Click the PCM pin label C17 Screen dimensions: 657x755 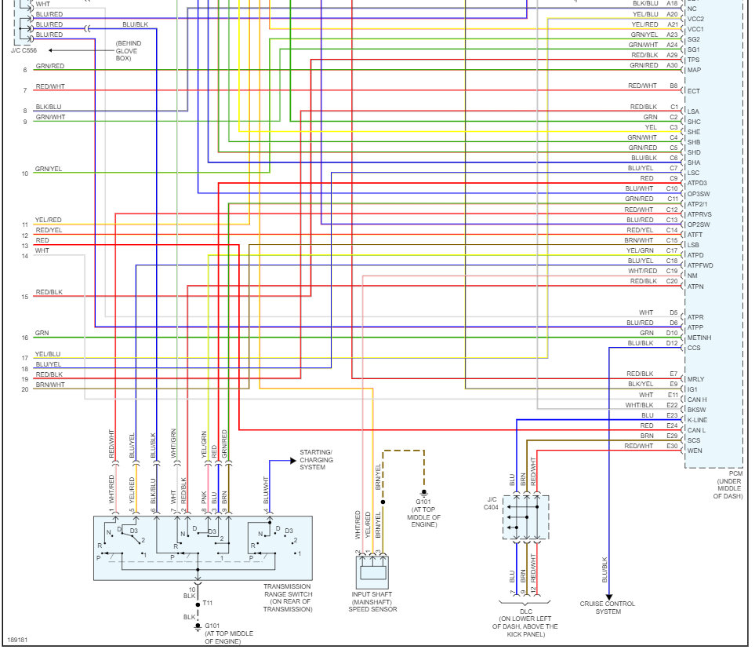click(672, 250)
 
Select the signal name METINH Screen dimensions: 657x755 click(699, 338)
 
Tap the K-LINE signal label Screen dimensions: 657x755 click(698, 420)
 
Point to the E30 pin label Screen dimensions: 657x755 click(673, 446)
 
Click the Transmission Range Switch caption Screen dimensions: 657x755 click(287, 597)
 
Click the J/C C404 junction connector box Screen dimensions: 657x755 click(526, 516)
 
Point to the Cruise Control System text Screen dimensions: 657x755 click(608, 608)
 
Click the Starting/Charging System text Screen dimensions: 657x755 click(316, 460)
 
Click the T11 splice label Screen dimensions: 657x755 click(208, 603)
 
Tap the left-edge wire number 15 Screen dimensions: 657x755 click(25, 297)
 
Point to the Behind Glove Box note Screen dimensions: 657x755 click(126, 50)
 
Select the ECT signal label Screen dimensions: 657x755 click(694, 91)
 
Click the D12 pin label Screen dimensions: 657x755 click(672, 343)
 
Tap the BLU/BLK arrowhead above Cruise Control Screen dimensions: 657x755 click(608, 596)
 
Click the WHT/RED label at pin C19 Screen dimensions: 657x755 click(642, 271)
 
